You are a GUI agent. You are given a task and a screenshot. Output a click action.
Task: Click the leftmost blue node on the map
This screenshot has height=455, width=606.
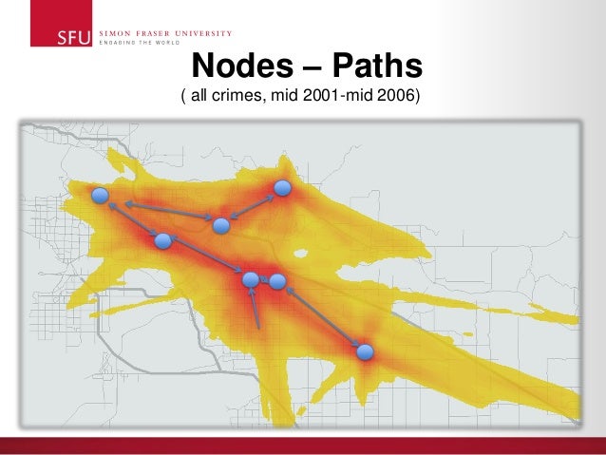(x=101, y=196)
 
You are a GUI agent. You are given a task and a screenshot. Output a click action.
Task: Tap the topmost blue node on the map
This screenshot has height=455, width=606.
(x=282, y=188)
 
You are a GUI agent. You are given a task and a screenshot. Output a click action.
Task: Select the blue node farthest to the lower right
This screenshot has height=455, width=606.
(x=365, y=352)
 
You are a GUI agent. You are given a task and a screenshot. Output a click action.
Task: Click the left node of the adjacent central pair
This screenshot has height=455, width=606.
(x=251, y=279)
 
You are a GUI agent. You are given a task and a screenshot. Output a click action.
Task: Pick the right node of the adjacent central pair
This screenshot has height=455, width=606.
(x=277, y=281)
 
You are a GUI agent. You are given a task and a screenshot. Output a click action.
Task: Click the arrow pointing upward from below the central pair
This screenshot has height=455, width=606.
(x=256, y=310)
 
